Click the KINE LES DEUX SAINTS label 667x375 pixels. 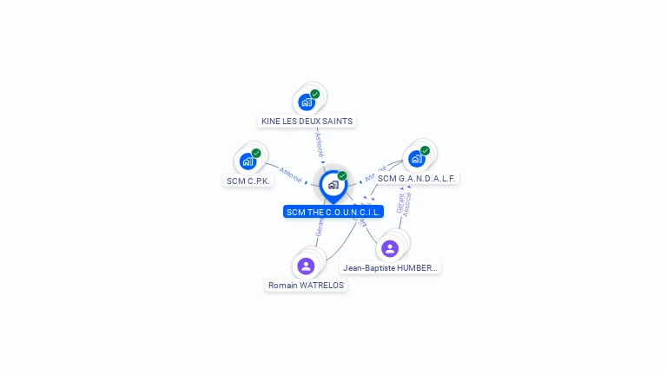(x=307, y=122)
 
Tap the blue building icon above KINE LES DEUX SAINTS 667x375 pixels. (x=306, y=102)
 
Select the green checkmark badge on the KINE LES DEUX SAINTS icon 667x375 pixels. (x=315, y=94)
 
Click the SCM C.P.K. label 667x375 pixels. (x=248, y=181)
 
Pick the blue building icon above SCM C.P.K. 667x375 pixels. (x=248, y=161)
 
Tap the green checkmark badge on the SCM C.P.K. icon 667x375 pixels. (x=256, y=153)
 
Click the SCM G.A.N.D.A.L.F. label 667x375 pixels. (x=417, y=178)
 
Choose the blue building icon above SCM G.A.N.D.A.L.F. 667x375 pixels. (x=416, y=159)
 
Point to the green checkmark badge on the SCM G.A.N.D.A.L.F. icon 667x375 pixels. (x=425, y=150)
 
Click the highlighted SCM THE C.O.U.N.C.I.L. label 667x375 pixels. (x=333, y=212)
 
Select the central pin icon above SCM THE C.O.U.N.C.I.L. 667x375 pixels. (x=333, y=185)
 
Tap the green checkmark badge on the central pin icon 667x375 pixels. (x=342, y=175)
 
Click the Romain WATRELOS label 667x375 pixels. (x=306, y=285)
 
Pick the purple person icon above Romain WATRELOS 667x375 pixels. (x=306, y=266)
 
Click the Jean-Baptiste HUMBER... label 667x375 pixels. (x=391, y=268)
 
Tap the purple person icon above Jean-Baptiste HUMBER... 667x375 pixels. (x=390, y=248)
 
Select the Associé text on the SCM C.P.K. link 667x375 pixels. (x=291, y=174)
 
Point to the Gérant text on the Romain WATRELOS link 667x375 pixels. (x=319, y=228)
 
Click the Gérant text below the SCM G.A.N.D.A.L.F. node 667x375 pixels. (x=400, y=205)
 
